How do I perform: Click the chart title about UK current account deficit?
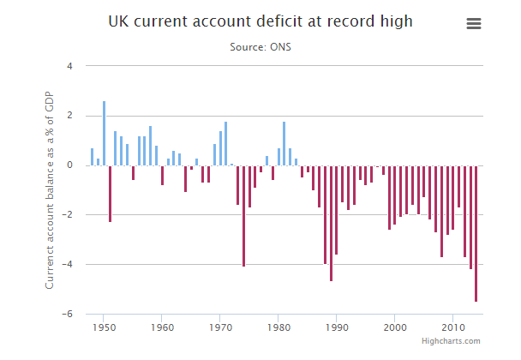(260, 21)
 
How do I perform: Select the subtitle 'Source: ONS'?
(260, 46)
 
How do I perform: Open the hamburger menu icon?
(474, 24)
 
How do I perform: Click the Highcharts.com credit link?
(451, 341)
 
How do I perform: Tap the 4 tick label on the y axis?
(69, 66)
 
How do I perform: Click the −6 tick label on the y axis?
(68, 315)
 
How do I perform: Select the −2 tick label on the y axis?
(68, 215)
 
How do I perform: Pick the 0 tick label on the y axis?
(70, 165)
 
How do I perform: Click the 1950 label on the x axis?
(104, 327)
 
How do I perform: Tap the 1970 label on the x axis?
(220, 327)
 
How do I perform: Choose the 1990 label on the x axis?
(337, 327)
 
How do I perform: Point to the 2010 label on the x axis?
(453, 327)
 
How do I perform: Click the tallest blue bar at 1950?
(104, 133)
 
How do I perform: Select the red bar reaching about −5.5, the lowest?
(476, 233)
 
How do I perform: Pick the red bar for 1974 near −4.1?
(243, 216)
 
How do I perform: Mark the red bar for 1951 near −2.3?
(110, 194)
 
